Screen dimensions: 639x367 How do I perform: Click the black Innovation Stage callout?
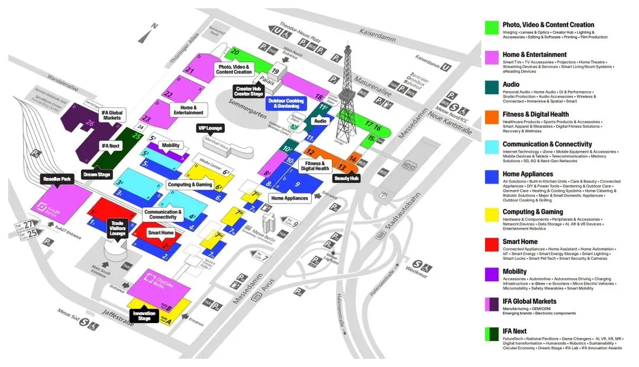click(x=144, y=317)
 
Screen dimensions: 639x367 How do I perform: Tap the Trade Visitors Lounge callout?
click(x=117, y=228)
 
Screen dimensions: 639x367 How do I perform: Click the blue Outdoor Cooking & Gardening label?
click(x=286, y=104)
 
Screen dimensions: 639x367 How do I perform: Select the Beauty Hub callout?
click(x=347, y=178)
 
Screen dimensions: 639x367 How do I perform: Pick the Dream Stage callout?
click(x=97, y=175)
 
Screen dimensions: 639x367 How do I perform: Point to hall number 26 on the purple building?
click(x=90, y=123)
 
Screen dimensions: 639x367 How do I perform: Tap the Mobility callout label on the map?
click(x=170, y=146)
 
